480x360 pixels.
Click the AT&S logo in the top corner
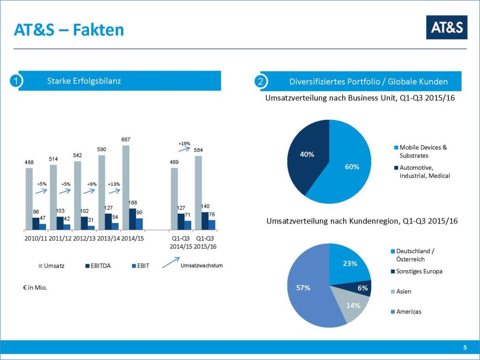446,27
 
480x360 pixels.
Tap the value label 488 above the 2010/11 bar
29,163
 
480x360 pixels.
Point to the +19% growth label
184,143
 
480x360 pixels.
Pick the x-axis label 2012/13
84,239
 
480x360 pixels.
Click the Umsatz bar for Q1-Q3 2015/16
198,193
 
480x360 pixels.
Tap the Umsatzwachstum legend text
202,266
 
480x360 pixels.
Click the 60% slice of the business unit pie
347,169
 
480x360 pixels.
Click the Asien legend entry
403,292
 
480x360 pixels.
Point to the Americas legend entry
408,311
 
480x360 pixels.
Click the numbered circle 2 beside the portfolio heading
261,82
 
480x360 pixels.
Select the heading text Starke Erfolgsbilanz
84,81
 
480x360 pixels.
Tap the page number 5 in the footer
465,347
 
